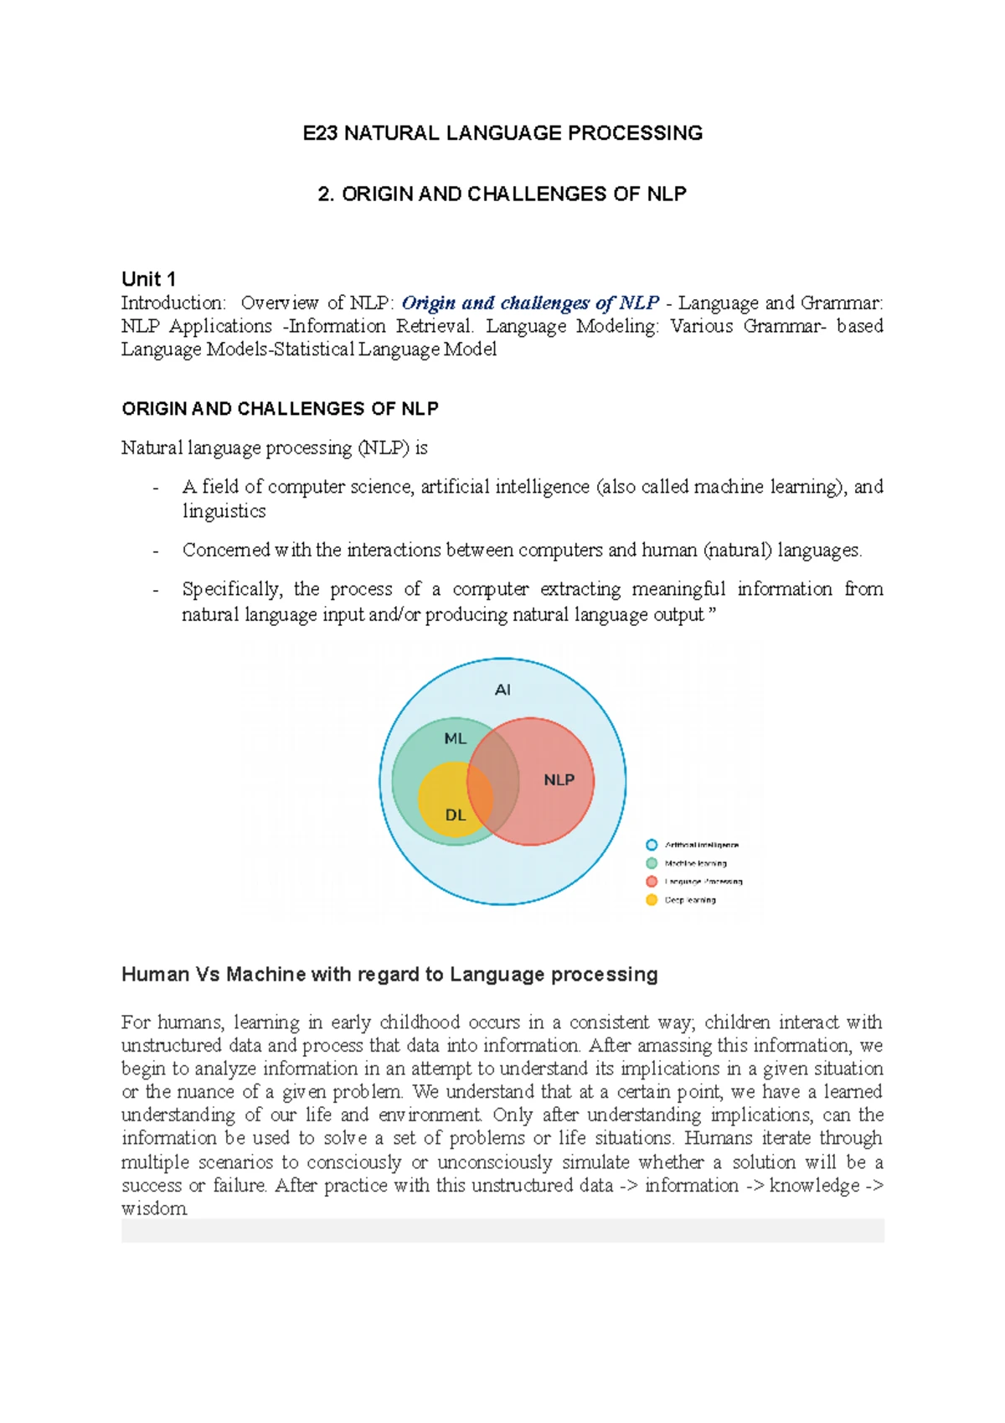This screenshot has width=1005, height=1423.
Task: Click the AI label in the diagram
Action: (x=502, y=690)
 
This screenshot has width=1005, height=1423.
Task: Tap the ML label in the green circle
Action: (x=455, y=738)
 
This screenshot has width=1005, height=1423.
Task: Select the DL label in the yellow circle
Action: (x=455, y=815)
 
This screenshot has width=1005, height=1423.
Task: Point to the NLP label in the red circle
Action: (x=559, y=779)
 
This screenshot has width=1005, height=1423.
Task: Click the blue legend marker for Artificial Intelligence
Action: (x=652, y=845)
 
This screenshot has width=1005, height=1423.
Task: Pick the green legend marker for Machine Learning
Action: (x=652, y=863)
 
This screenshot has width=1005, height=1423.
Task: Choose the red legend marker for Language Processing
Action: (x=652, y=882)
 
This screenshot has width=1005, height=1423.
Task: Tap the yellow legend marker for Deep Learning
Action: (x=652, y=900)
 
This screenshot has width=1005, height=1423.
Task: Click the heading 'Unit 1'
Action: (x=148, y=279)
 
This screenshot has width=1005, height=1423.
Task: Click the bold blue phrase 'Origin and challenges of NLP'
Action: (x=530, y=303)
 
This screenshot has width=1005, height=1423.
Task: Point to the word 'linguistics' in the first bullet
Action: (x=224, y=511)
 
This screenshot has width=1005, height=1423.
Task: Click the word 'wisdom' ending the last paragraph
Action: (x=154, y=1208)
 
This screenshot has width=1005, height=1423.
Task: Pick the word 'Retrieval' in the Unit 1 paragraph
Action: (x=434, y=326)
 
